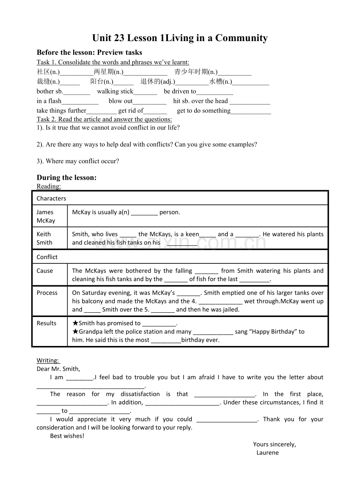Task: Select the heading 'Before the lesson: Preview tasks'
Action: [x=89, y=52]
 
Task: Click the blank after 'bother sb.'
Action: [x=77, y=92]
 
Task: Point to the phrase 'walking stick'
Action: [x=115, y=92]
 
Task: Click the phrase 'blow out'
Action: [x=121, y=101]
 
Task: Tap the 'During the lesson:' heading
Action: [x=67, y=178]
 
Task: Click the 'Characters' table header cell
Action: [x=51, y=198]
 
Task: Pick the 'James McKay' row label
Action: [x=46, y=216]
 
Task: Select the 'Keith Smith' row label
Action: [x=44, y=238]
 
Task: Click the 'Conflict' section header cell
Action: [x=47, y=257]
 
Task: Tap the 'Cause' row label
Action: [x=45, y=271]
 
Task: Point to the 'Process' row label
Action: [x=47, y=293]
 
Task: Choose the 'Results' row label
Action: [x=47, y=323]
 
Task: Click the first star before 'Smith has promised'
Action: [x=75, y=323]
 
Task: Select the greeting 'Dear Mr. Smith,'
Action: [x=58, y=369]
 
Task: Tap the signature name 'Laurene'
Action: [x=268, y=453]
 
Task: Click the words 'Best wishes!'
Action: [x=67, y=436]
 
